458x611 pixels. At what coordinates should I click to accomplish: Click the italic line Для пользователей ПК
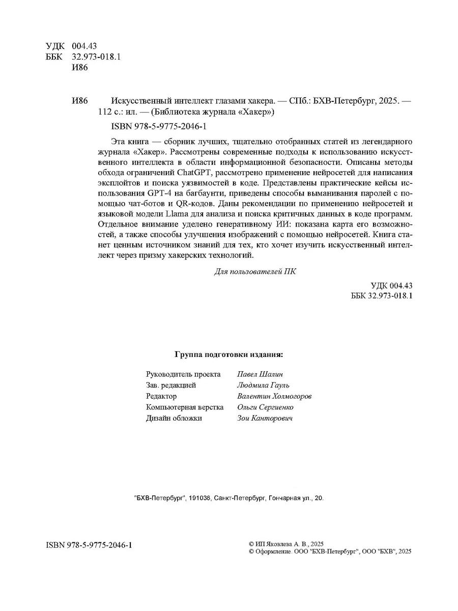[x=255, y=272]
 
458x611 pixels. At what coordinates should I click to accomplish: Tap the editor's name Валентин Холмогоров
[x=274, y=396]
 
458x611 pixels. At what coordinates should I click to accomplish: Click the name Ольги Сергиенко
[x=265, y=407]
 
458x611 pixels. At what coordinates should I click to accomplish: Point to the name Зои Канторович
[x=265, y=419]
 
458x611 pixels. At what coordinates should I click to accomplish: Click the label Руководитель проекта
[x=183, y=374]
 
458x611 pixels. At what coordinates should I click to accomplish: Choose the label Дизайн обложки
[x=174, y=419]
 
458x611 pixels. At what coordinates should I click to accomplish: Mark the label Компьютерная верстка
[x=185, y=407]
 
